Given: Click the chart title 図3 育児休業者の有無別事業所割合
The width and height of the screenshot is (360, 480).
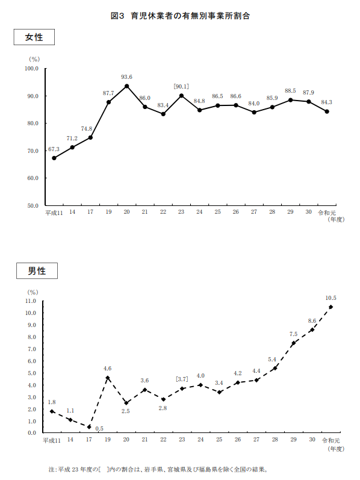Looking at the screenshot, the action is click(181, 16).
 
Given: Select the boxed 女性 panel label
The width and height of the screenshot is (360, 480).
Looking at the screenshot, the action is click(34, 37).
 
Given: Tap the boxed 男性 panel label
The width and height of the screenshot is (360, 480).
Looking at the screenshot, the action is click(37, 270).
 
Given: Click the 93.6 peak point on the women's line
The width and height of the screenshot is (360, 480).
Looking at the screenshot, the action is click(127, 86).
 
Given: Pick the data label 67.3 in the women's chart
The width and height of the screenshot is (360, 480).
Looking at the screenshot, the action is click(54, 149).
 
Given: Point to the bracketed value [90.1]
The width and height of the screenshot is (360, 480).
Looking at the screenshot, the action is click(181, 87).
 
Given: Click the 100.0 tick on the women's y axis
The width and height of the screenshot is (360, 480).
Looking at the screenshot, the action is click(31, 69).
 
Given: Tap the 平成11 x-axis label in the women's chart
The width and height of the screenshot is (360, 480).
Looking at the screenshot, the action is click(54, 213).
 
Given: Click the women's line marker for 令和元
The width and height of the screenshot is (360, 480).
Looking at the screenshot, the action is click(327, 111).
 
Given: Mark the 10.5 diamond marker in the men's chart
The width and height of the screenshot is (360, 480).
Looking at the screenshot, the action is click(331, 307).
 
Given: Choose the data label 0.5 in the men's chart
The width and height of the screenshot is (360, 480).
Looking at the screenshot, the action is click(99, 429).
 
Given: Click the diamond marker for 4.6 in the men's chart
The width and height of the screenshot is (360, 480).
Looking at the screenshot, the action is click(107, 378).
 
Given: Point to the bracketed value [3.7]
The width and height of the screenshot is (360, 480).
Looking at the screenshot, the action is click(182, 379).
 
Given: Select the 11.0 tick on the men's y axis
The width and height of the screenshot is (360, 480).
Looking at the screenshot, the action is click(30, 301).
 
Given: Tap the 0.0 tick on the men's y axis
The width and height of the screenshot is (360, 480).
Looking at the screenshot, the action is click(32, 433).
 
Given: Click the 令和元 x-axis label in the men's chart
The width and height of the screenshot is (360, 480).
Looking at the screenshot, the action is click(331, 440).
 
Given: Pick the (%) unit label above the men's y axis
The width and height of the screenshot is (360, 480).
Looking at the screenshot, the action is click(33, 292).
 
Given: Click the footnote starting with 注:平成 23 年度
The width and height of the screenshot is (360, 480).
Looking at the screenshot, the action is click(158, 469).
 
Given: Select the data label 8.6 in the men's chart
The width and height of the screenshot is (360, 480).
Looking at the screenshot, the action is click(312, 321).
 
